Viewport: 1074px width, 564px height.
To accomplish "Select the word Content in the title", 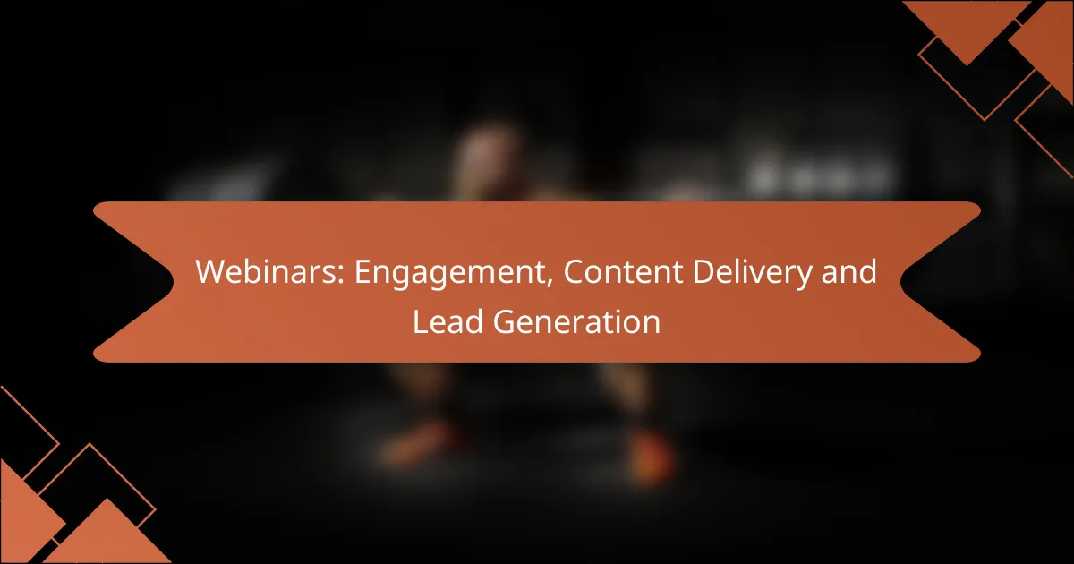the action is (x=623, y=272).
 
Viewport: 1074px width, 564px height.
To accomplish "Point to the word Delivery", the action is (x=753, y=274).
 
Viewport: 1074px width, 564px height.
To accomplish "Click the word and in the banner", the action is (x=849, y=271).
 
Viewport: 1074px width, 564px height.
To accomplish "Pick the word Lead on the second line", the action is (x=447, y=321).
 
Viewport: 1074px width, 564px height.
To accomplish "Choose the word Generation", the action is (x=576, y=321).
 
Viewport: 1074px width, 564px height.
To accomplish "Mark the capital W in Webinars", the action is (x=211, y=272).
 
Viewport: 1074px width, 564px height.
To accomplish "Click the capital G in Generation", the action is (x=505, y=321).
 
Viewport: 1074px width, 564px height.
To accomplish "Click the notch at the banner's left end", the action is (x=173, y=282).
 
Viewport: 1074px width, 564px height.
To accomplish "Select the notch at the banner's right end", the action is (x=901, y=282).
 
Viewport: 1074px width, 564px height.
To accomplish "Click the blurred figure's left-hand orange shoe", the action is (x=417, y=444).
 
